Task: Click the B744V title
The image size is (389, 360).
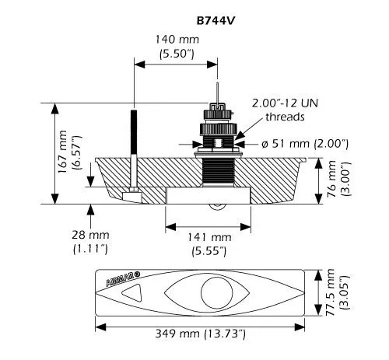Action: (x=216, y=21)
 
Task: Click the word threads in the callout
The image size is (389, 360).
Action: (x=285, y=117)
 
